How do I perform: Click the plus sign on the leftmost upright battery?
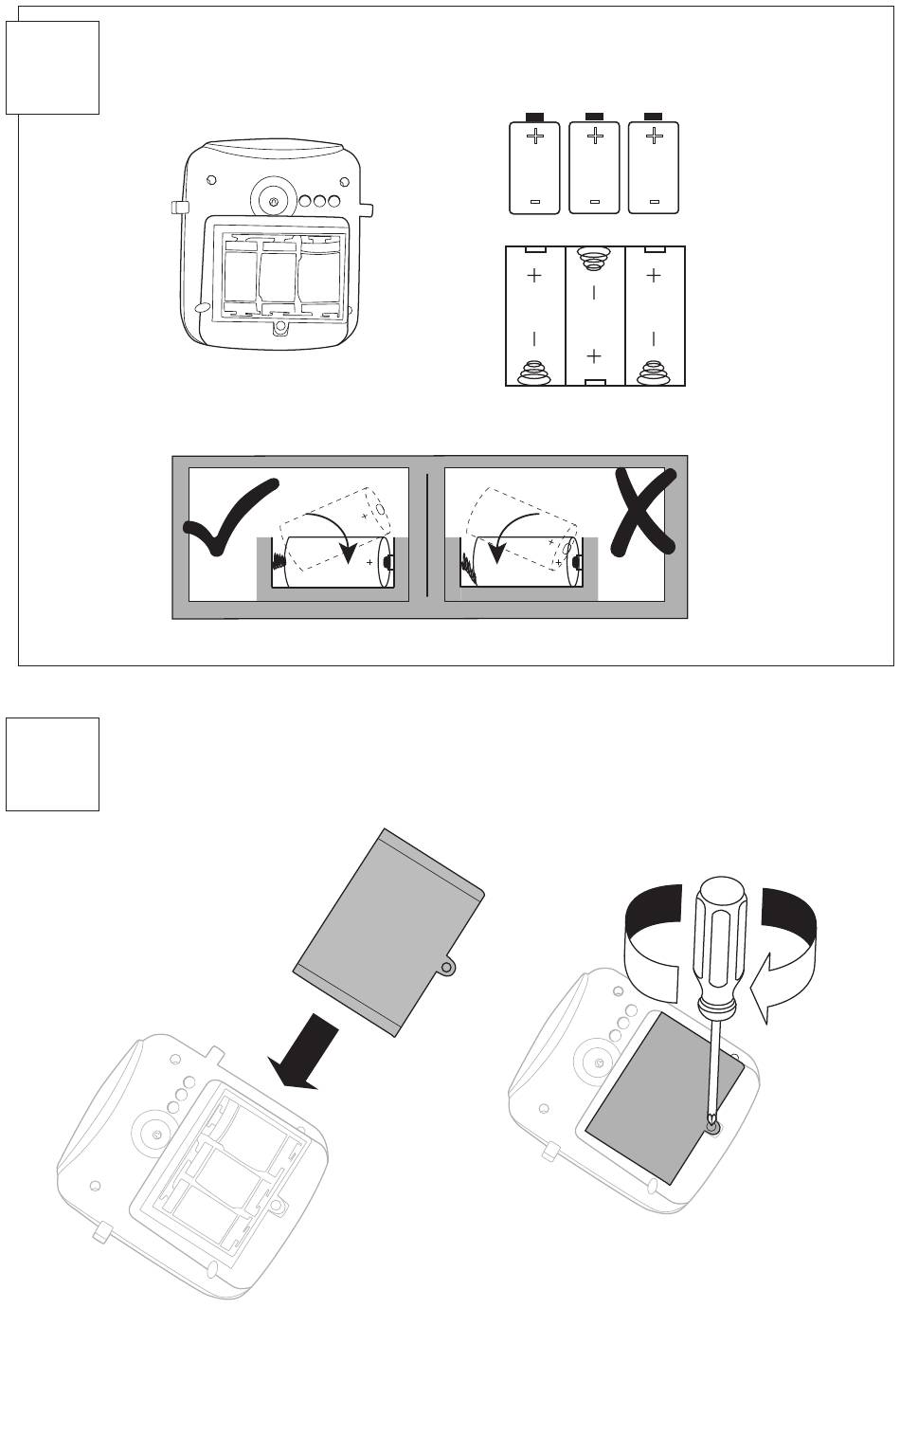[535, 137]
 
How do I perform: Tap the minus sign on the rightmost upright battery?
[654, 201]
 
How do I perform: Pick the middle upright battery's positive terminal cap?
[595, 116]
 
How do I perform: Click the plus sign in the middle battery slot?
[594, 356]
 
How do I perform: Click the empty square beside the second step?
[53, 764]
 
